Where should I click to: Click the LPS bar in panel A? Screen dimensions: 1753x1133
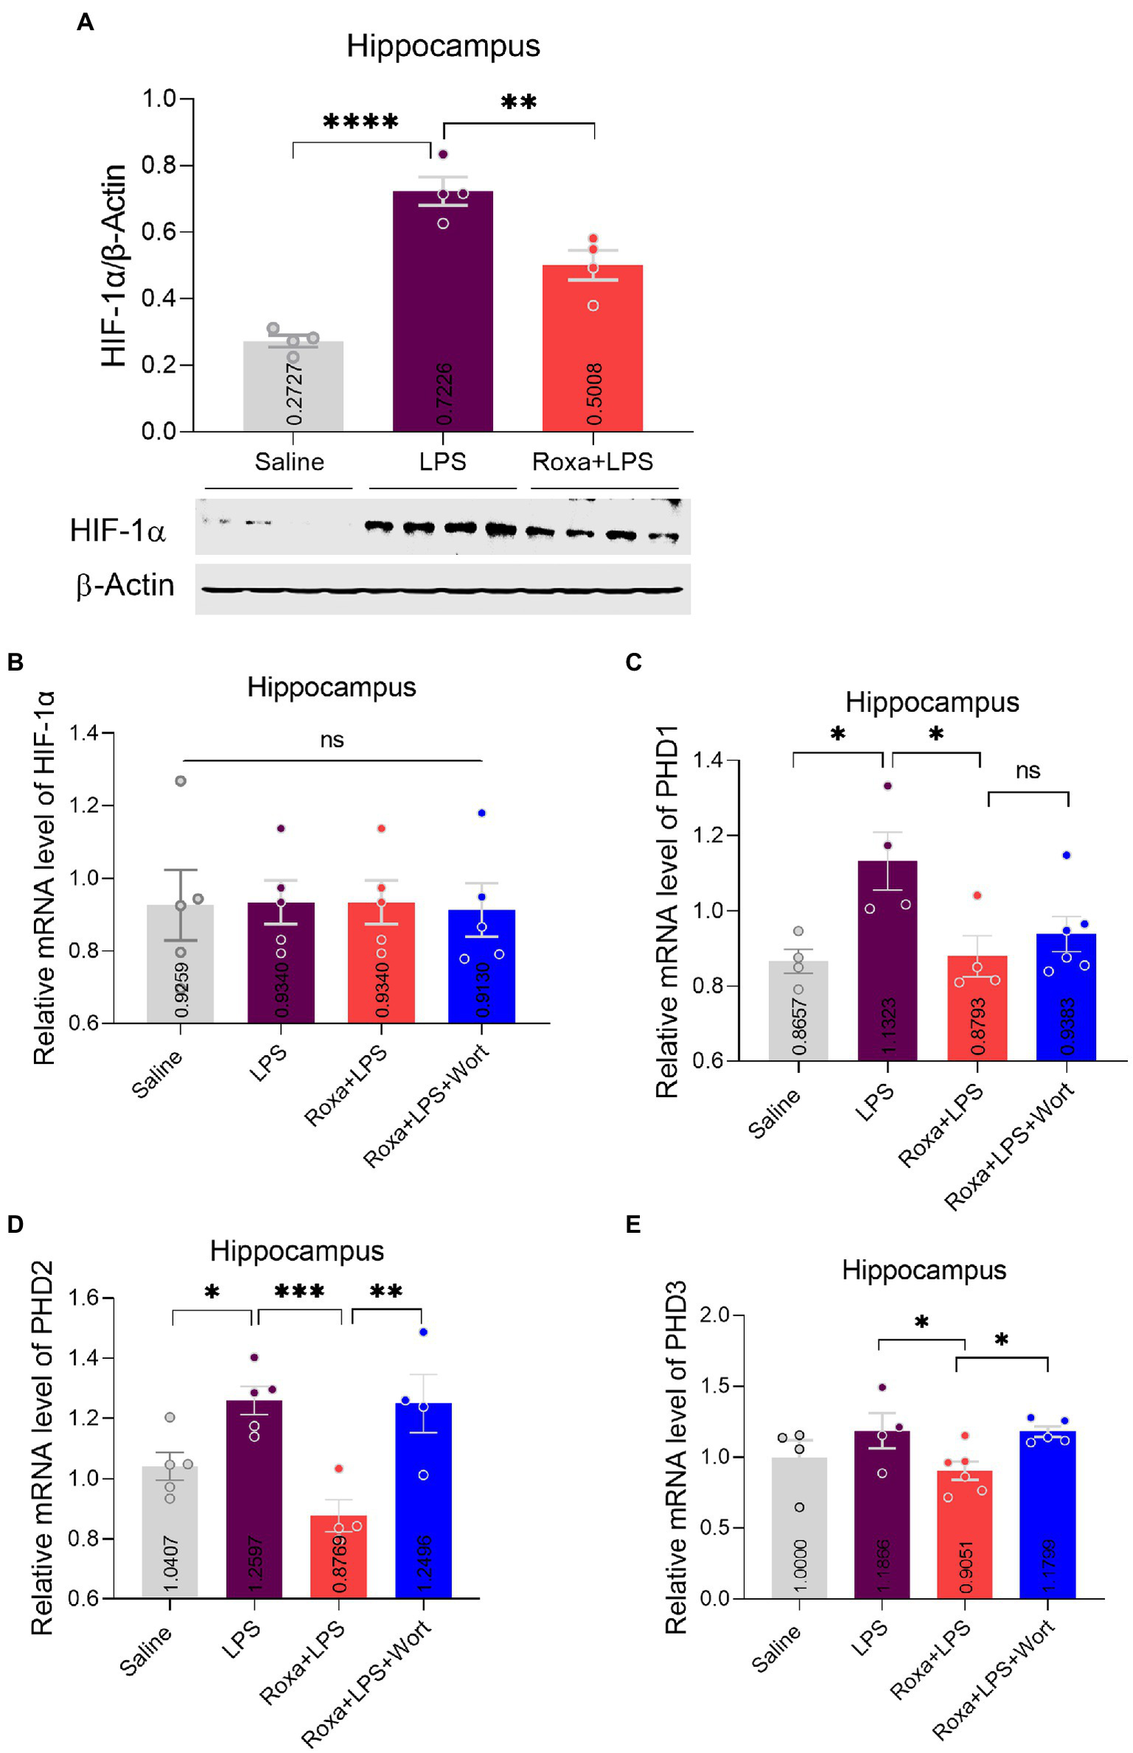tap(442, 310)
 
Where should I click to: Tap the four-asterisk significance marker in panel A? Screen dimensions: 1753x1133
tap(360, 121)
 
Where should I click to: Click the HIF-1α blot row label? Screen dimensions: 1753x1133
tap(117, 530)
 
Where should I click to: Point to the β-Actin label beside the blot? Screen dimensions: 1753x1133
tap(125, 585)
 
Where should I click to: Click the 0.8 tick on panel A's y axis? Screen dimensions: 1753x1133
tap(159, 165)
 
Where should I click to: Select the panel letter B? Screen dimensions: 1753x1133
tap(16, 662)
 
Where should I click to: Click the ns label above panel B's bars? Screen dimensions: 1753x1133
tap(332, 740)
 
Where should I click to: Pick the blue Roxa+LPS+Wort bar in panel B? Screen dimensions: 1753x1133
tap(481, 967)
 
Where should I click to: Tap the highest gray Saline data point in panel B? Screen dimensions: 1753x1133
tap(181, 781)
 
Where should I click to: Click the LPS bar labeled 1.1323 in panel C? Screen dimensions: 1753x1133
tap(887, 959)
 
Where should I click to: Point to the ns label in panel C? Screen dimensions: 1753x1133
tap(1027, 771)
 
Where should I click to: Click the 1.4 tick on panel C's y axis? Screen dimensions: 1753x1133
tap(707, 760)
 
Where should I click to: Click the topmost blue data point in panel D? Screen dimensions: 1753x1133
tap(424, 1332)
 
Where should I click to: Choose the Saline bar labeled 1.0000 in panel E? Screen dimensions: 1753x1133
tap(799, 1527)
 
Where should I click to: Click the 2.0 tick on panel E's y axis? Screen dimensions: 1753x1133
tap(713, 1315)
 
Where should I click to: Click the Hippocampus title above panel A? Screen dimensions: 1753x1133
tap(443, 46)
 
